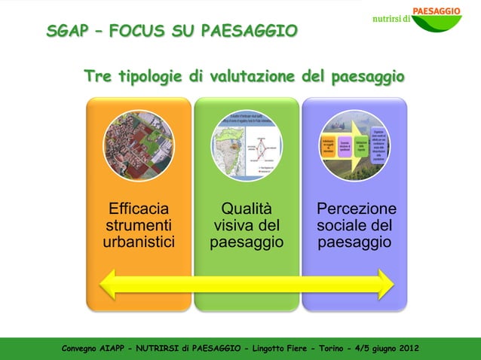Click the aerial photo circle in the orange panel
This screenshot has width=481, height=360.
coord(139,146)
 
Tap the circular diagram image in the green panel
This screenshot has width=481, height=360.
coord(247,146)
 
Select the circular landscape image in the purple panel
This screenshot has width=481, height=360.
coord(354,146)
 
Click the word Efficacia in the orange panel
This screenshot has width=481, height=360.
coord(139,209)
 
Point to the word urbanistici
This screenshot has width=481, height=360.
coord(139,243)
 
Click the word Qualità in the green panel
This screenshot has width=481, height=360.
coord(247,209)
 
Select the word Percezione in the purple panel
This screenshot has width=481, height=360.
coord(356,209)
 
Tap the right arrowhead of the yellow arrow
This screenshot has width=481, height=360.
coord(385,285)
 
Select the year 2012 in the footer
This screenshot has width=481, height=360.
coord(407,348)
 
